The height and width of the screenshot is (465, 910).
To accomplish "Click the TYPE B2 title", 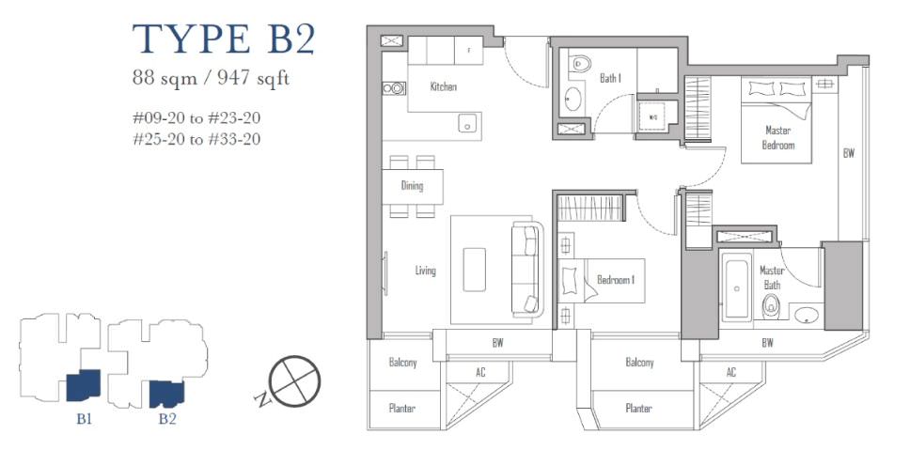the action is tap(224, 39).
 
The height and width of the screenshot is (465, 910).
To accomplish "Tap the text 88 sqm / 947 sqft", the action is tap(211, 78).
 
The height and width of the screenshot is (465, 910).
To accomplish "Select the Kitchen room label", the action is tap(444, 87).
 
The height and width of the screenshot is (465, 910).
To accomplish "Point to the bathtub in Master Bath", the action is tap(737, 288).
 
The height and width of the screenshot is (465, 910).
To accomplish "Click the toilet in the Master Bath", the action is tap(771, 306).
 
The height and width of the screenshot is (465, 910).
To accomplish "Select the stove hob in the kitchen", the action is tap(394, 88).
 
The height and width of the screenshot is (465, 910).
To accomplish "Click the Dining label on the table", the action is tap(412, 186).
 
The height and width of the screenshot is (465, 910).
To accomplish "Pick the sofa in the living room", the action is tap(527, 269).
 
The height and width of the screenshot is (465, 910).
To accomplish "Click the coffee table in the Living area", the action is tap(475, 270).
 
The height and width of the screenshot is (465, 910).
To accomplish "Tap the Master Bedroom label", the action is tap(777, 138).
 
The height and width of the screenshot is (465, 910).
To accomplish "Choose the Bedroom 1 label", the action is tap(616, 280).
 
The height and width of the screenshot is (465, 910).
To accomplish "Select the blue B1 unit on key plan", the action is tap(84, 385).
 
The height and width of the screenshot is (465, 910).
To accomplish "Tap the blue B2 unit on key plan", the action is tap(166, 393).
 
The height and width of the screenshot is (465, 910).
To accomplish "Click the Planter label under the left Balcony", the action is tap(401, 409).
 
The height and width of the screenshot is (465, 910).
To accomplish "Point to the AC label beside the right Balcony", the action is tap(731, 372).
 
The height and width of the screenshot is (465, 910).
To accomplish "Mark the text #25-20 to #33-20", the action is tap(196, 139).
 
